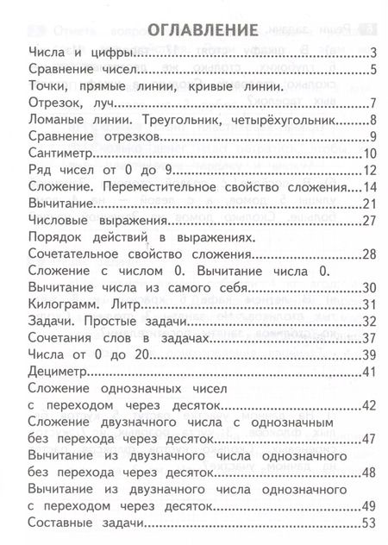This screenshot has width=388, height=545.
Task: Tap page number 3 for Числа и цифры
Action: tap(374, 53)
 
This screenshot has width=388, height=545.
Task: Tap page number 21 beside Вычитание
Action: tap(369, 204)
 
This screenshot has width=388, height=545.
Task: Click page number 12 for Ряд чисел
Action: tap(369, 170)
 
